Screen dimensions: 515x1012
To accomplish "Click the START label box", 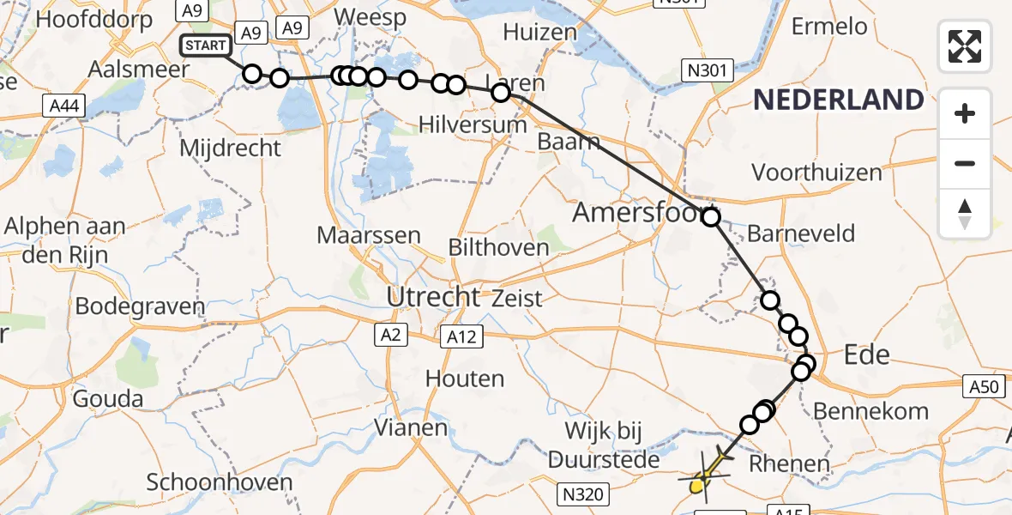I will point(206,45).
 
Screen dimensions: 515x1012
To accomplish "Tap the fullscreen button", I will point(965,46).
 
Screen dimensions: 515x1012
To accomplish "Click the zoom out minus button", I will point(965,163).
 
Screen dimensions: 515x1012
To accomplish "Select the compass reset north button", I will point(965,214).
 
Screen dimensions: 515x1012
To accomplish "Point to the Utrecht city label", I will point(433,297).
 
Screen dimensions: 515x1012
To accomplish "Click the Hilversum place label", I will point(473,124).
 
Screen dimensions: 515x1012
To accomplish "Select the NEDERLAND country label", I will point(839,100).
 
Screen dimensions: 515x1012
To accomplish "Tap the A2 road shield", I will point(389,336).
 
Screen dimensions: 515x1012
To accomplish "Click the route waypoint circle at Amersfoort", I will point(711,217).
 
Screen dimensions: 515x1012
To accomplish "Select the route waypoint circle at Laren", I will point(501,93).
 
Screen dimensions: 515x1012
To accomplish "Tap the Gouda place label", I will point(107,398).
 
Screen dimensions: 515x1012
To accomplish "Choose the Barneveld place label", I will point(801,233).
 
